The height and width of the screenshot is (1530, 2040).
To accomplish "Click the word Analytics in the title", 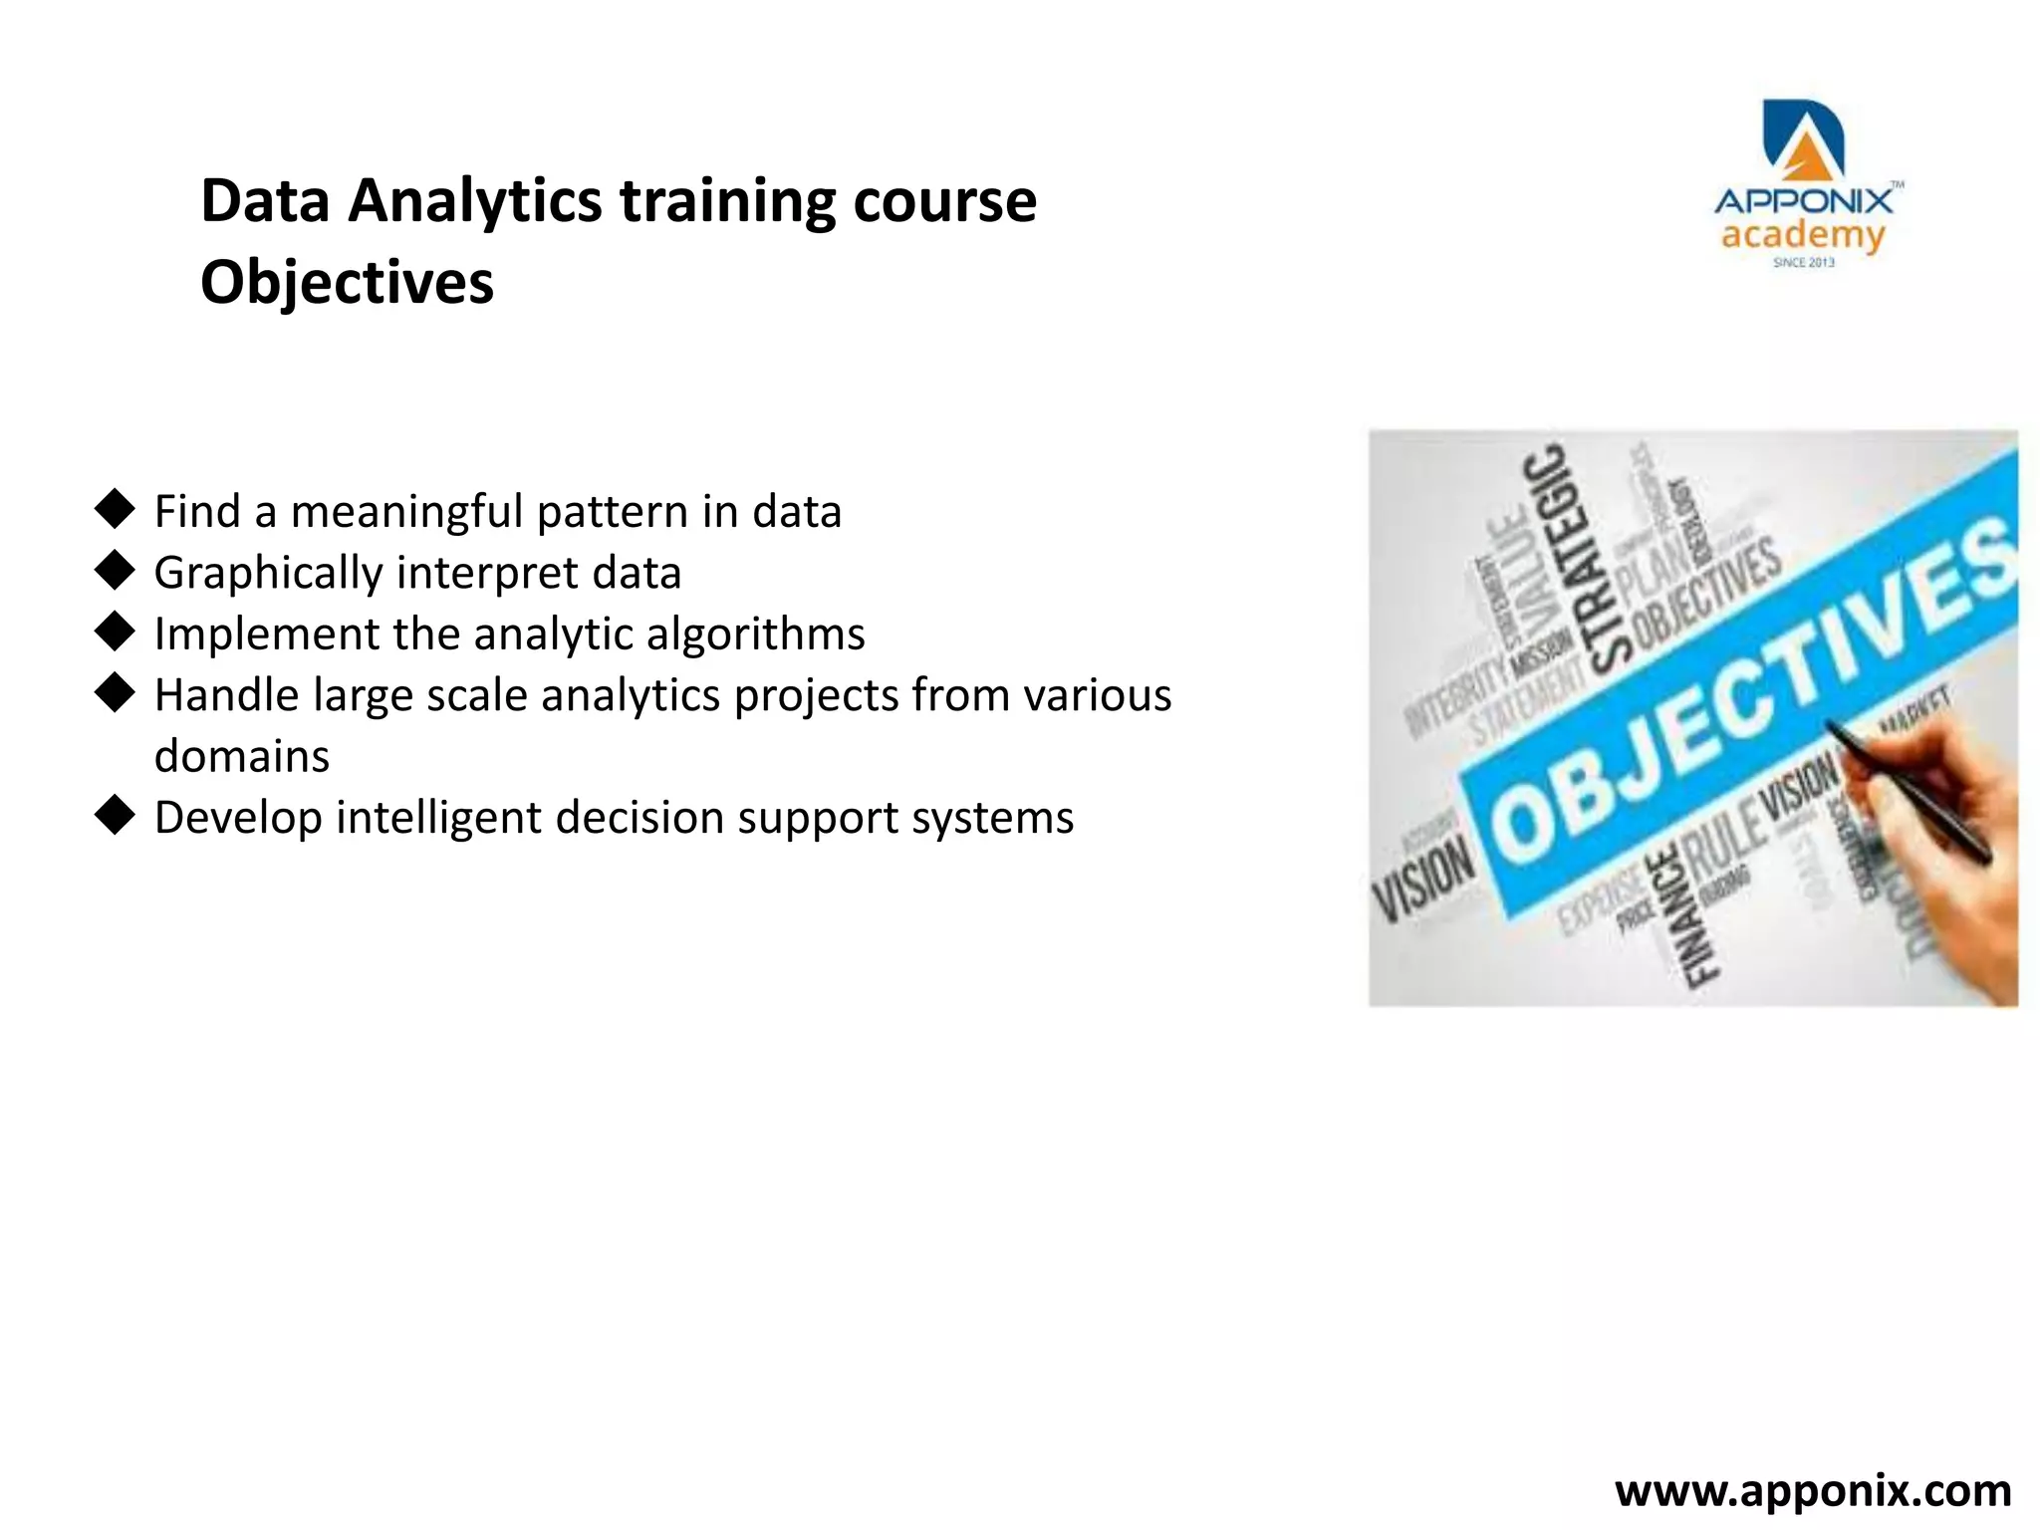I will (474, 201).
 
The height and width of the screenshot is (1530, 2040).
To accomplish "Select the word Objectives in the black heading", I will (347, 283).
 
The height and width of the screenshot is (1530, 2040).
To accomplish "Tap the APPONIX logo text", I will (1803, 202).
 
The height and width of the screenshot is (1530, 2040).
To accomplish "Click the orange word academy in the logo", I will (1803, 237).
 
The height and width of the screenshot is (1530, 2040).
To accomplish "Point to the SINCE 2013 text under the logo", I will (1803, 263).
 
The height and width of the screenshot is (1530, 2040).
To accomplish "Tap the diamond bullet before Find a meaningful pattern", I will (116, 509).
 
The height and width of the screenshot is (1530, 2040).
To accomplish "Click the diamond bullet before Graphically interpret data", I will (116, 571).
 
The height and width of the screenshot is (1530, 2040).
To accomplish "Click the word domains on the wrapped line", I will (242, 757).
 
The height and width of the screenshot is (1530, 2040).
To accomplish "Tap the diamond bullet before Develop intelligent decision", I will (116, 816).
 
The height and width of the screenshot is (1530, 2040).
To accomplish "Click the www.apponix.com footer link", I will (1812, 1491).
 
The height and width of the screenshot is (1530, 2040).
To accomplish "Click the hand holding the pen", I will (1952, 857).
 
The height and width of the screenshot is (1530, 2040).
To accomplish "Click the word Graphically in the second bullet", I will (268, 574).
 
